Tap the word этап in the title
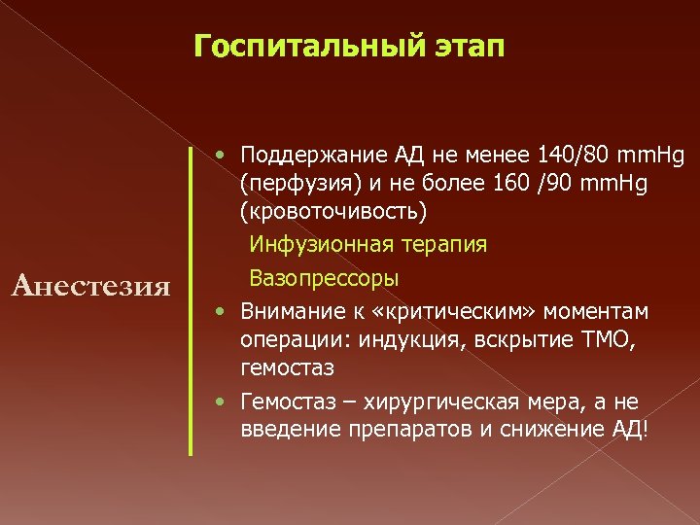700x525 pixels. tap(469, 46)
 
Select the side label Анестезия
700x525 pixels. tap(89, 285)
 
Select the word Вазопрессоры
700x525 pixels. tap(324, 278)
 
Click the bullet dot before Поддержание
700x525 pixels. tap(224, 156)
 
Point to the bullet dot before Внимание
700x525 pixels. tap(224, 311)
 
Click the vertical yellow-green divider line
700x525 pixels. tap(191, 301)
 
